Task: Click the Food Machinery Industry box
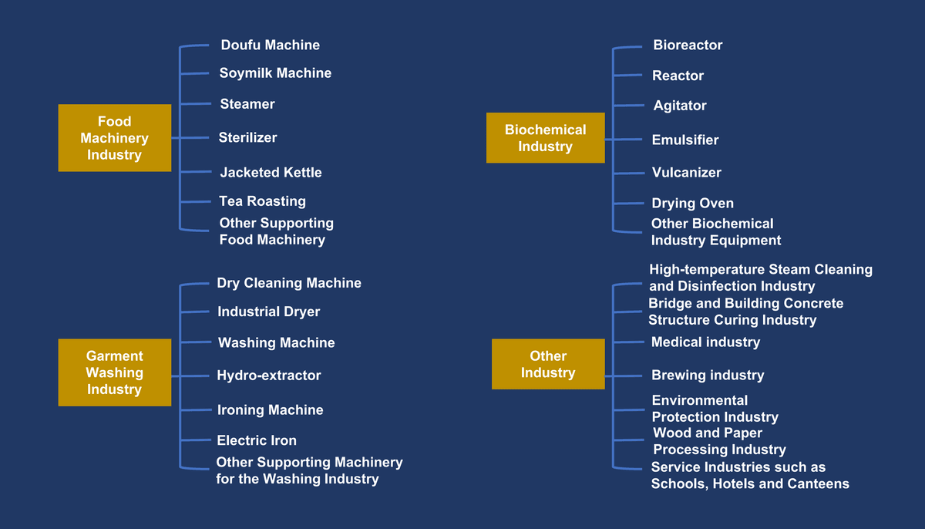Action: (114, 138)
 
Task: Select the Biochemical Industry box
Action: (545, 138)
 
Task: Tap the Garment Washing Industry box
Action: (114, 372)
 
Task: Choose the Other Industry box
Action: (548, 364)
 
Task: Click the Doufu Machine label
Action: (270, 45)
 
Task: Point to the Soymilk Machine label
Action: (275, 73)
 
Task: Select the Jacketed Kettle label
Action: (271, 173)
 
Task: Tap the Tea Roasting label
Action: (262, 201)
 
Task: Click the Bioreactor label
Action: (688, 45)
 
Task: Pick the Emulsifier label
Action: (684, 140)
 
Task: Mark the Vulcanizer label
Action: (686, 173)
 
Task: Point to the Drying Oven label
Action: (692, 204)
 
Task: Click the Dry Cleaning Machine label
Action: (289, 283)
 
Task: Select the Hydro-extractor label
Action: (268, 376)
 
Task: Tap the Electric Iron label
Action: (257, 441)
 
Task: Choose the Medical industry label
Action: (705, 342)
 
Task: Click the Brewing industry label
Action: (708, 376)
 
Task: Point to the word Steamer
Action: (247, 104)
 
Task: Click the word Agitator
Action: (680, 106)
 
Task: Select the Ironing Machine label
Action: (270, 410)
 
